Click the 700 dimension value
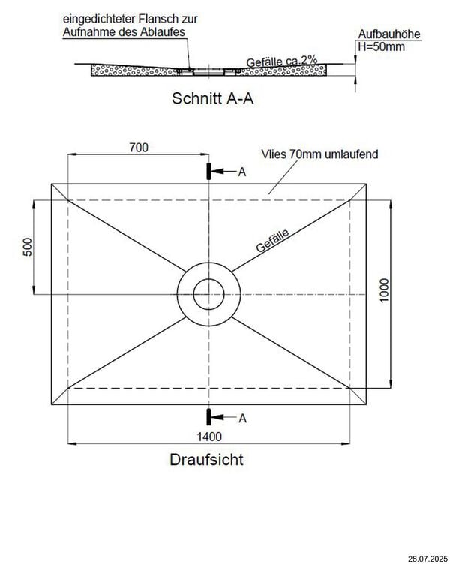pos(139,148)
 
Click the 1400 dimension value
pos(209,436)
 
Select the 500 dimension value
pos(27,247)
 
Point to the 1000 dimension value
pos(385,290)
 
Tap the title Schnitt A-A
pos(212,98)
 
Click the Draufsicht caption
pos(206,460)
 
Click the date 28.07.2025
pos(428,559)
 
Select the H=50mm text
pos(381,46)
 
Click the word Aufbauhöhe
pos(389,34)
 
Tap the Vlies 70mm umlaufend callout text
pos(319,154)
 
